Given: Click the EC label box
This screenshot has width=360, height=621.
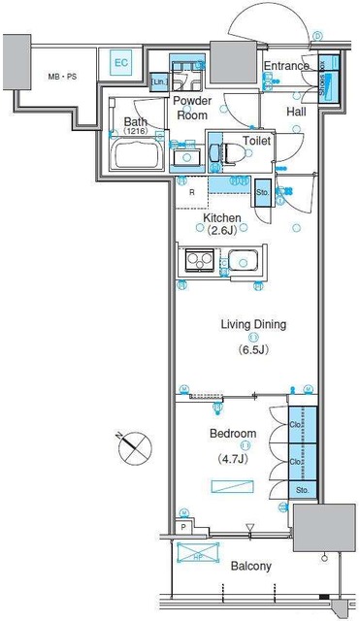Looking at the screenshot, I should click(x=121, y=63).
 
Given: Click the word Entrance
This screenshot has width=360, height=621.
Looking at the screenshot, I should click(x=286, y=66).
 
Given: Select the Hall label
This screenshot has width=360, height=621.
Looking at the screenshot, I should click(x=296, y=113).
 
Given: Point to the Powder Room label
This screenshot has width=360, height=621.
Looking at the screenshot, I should click(x=192, y=107).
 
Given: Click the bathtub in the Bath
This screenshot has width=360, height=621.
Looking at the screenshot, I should click(x=139, y=154).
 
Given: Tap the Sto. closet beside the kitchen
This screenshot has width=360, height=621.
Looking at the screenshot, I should click(x=262, y=193).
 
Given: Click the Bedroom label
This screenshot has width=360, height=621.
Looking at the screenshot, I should click(x=233, y=433).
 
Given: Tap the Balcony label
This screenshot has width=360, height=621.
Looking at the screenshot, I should click(x=250, y=566).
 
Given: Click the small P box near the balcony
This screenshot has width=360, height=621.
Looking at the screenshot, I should click(x=182, y=527).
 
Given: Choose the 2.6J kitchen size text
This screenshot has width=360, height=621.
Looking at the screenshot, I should click(x=222, y=231).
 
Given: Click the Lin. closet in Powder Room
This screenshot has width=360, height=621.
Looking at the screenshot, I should click(x=157, y=84).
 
